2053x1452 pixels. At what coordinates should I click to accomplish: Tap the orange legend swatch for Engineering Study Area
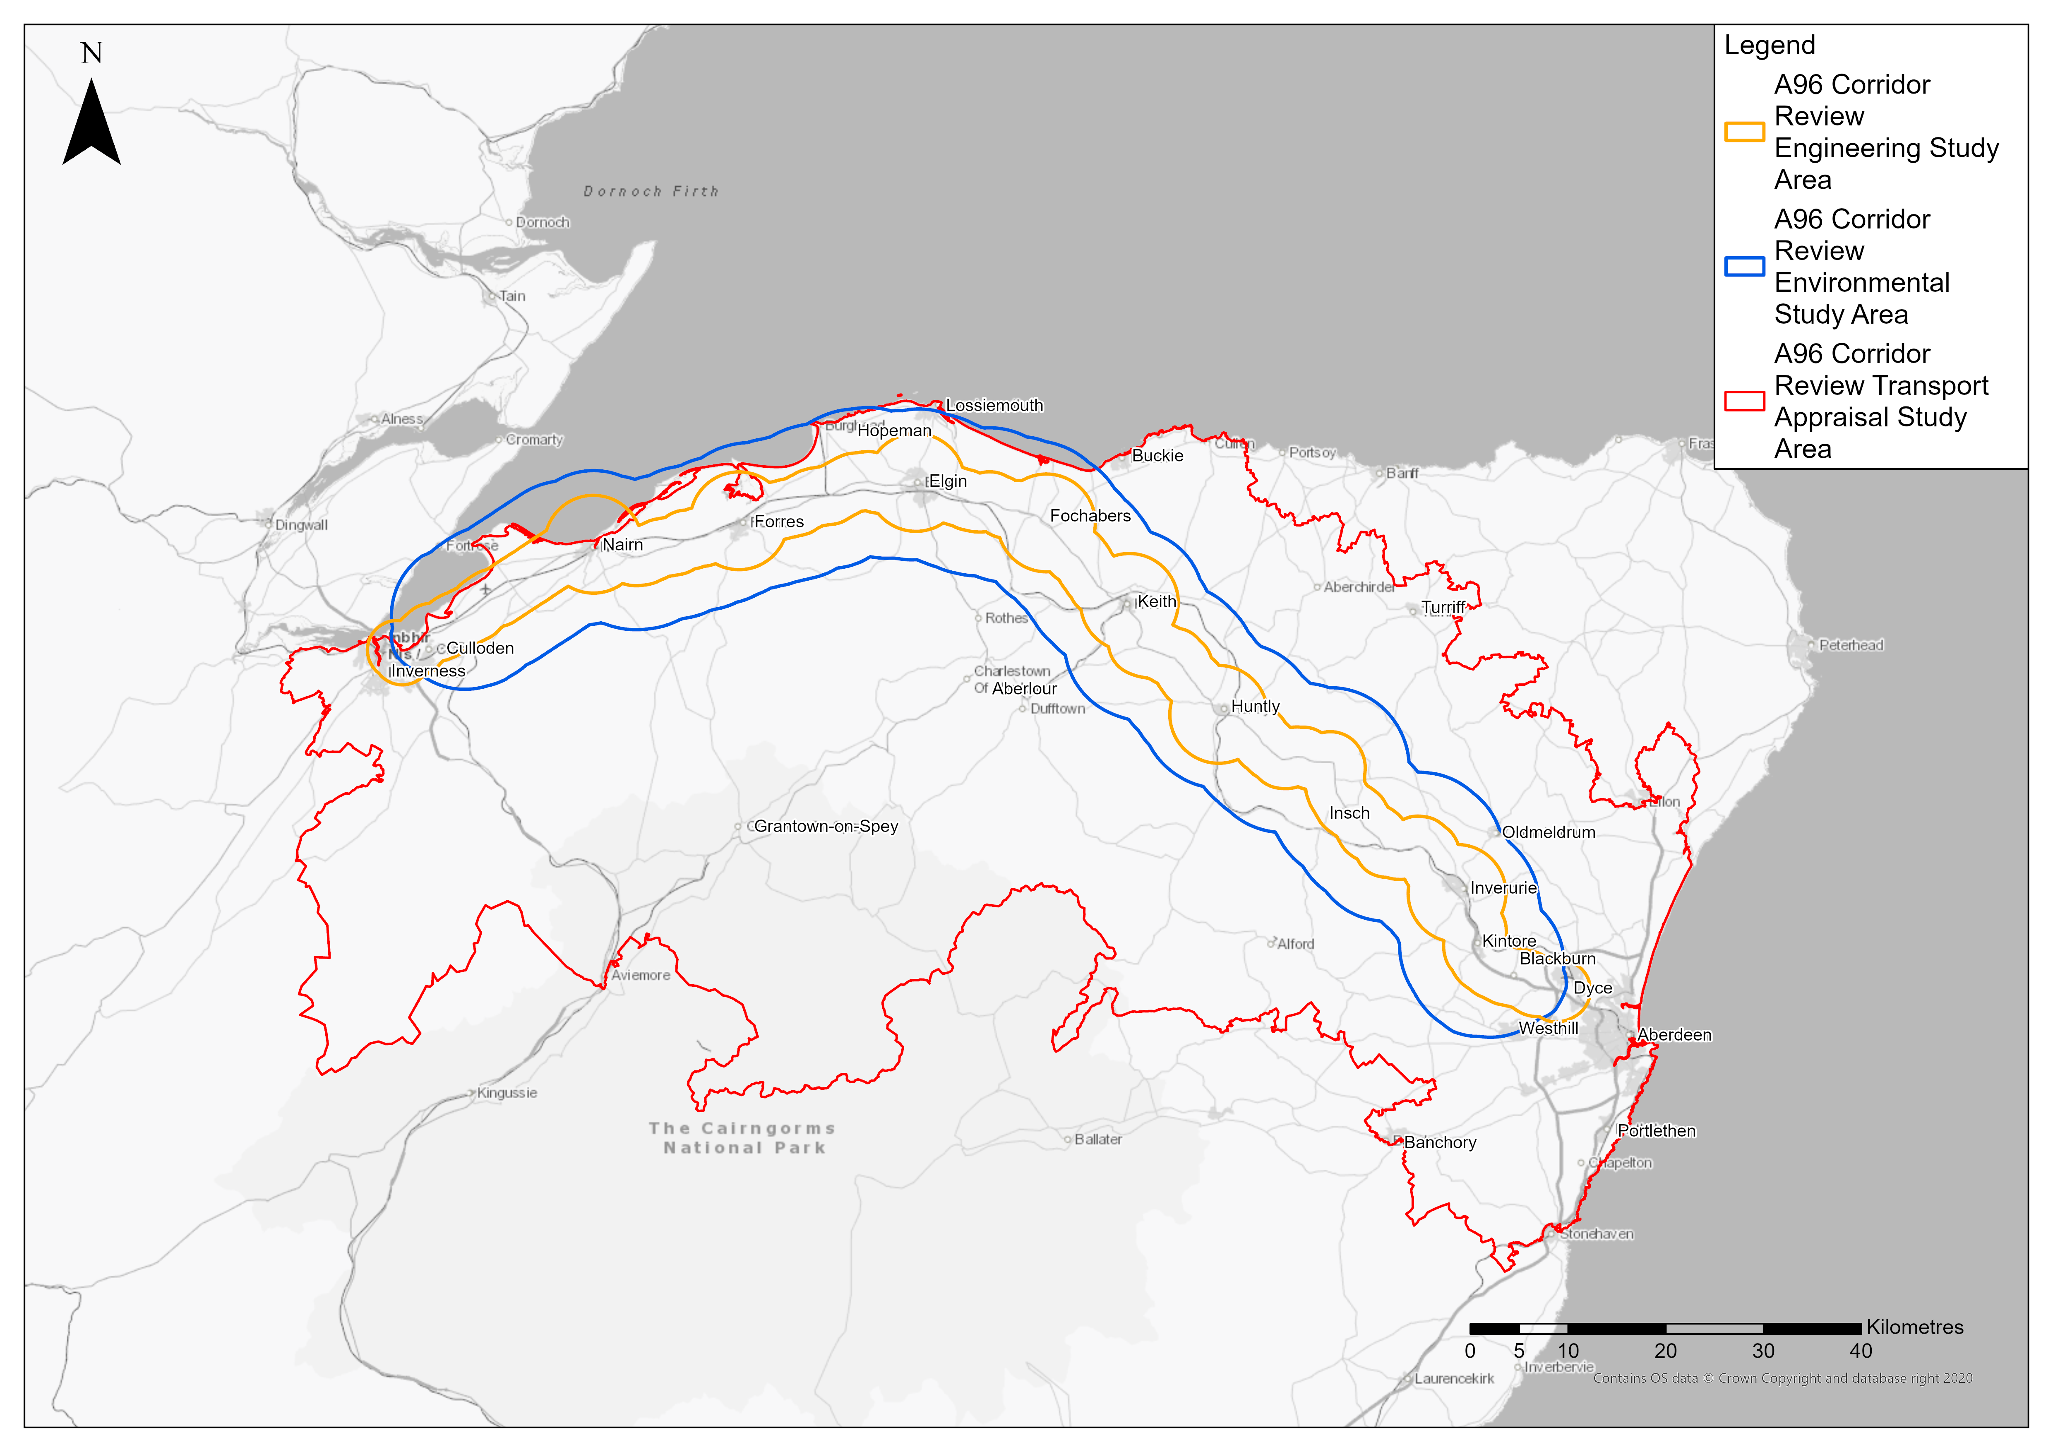[1743, 132]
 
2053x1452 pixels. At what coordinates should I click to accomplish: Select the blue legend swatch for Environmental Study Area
[1743, 267]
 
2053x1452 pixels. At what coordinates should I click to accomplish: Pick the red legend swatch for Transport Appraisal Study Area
[1743, 401]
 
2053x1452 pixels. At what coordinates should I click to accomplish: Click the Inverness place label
[427, 671]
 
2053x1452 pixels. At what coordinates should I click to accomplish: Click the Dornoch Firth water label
[651, 191]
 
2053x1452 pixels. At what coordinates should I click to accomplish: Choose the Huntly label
[1256, 706]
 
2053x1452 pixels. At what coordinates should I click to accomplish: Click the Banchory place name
[1440, 1143]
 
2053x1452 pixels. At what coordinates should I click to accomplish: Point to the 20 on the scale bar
[1666, 1351]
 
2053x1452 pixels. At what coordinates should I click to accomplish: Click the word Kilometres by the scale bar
[1914, 1328]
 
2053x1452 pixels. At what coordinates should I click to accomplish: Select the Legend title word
[1770, 45]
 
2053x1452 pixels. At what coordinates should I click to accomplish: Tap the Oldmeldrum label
[1548, 832]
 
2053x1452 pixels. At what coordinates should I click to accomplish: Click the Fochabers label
[1090, 516]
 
